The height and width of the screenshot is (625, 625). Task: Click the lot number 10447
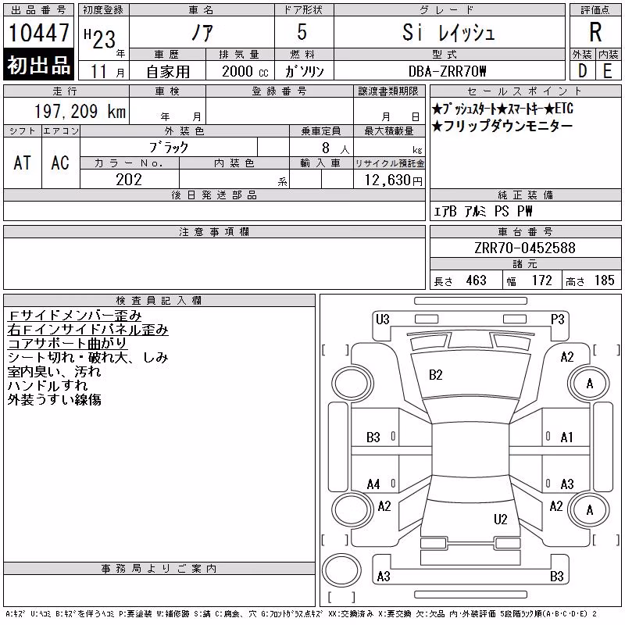(x=38, y=33)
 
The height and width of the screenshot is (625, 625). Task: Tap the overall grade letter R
(x=595, y=32)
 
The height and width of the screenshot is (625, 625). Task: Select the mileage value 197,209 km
(x=80, y=111)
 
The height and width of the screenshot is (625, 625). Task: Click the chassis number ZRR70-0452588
(x=525, y=248)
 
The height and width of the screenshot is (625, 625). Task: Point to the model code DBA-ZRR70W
(x=447, y=71)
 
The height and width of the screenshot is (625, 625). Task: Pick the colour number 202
(x=129, y=180)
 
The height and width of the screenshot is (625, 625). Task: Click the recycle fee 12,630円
(x=394, y=180)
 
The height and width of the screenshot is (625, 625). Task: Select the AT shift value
(x=22, y=162)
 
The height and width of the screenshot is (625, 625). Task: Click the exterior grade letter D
(x=582, y=71)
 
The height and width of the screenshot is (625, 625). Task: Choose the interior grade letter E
(x=608, y=71)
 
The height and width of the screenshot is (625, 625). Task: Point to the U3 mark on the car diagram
(x=383, y=320)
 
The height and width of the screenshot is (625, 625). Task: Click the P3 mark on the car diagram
(x=557, y=320)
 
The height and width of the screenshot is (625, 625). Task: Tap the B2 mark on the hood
(x=436, y=375)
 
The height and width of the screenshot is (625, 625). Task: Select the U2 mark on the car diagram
(x=501, y=519)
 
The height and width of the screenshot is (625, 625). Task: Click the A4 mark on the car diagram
(x=373, y=484)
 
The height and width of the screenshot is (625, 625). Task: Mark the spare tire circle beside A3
(x=341, y=570)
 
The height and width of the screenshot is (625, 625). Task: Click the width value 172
(x=542, y=280)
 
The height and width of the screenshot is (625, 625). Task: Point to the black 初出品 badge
(x=38, y=65)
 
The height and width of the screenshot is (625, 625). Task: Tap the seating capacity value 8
(x=326, y=148)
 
